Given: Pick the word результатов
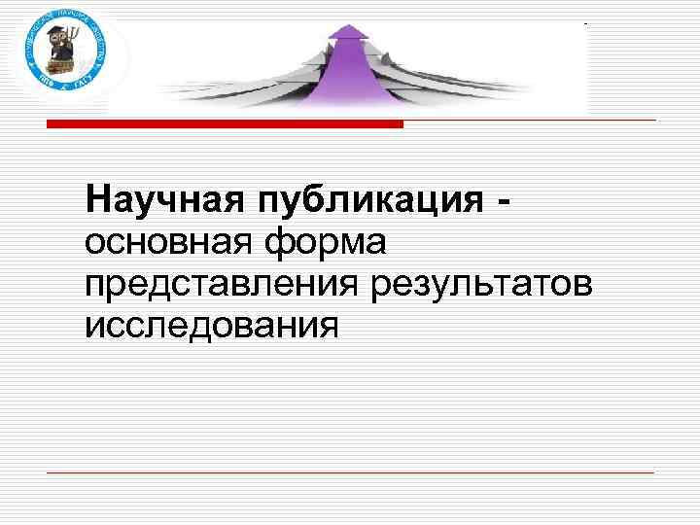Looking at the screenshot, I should (480, 284).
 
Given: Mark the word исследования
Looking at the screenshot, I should (212, 325).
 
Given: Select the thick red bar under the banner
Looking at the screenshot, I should (225, 124).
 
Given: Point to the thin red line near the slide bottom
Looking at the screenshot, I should (350, 472).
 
